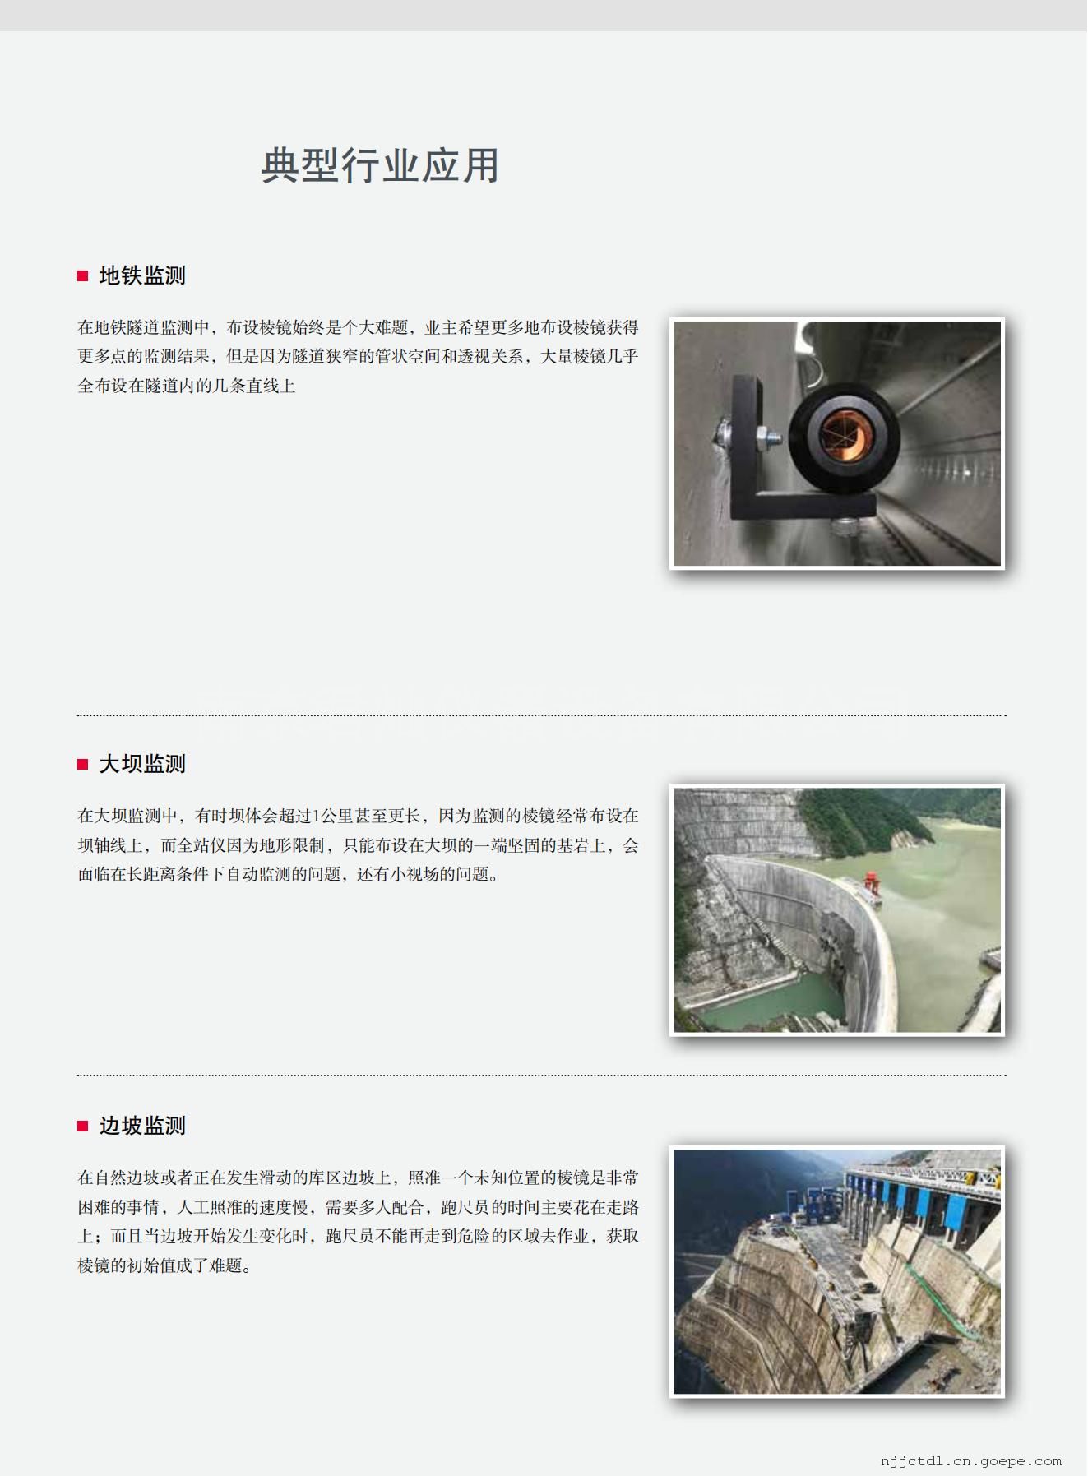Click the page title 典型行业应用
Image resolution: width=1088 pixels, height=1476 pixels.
pos(380,165)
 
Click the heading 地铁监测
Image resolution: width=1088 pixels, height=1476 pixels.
pos(142,275)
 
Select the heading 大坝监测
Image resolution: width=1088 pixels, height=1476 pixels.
pos(142,764)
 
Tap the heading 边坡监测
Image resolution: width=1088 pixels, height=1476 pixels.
pos(142,1126)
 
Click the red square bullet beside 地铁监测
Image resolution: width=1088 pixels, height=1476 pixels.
pos(82,276)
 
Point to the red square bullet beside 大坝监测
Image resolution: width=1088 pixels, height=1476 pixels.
pos(82,765)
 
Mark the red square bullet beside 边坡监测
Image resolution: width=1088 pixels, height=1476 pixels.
pos(82,1127)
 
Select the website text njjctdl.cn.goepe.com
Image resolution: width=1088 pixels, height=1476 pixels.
pos(970,1461)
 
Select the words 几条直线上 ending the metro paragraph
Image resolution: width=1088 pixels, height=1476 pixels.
pos(254,386)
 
